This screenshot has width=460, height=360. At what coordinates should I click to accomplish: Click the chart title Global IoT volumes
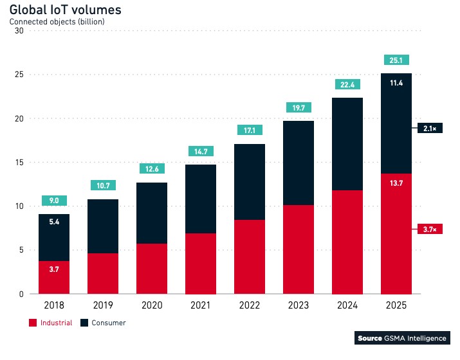tap(65, 10)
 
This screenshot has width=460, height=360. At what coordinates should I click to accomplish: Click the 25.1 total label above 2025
tap(396, 60)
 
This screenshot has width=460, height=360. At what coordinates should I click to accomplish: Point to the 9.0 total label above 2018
tap(55, 201)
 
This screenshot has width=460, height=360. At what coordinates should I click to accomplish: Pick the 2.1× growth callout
tap(430, 129)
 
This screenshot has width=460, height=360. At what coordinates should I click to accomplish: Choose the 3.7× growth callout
tap(430, 230)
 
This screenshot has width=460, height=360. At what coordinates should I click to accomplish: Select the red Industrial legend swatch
tap(33, 323)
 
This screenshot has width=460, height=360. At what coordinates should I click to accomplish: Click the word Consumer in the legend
tap(109, 323)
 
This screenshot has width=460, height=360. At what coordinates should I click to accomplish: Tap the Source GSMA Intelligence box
tap(402, 338)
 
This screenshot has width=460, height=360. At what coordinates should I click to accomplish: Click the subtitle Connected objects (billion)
tap(57, 22)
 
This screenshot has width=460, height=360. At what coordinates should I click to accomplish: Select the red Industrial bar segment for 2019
tap(104, 274)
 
